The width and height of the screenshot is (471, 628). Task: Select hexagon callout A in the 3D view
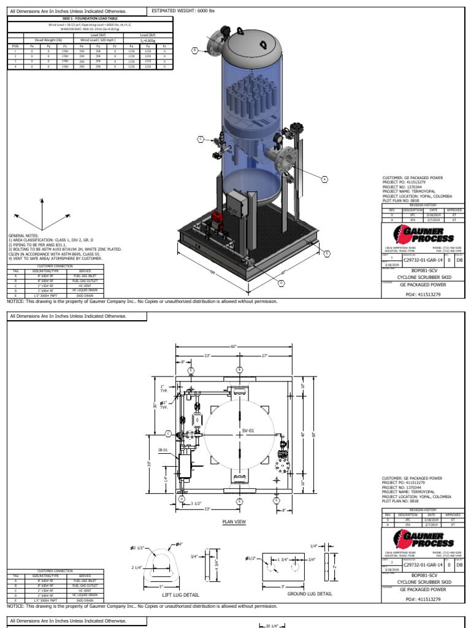[x=325, y=179]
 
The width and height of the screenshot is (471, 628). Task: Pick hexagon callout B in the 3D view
[x=195, y=50]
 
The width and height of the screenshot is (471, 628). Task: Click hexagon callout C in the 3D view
[x=200, y=140]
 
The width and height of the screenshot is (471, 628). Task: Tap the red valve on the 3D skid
[x=216, y=217]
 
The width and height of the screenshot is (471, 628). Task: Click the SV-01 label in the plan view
[x=247, y=431]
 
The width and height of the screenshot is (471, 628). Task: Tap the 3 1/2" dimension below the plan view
[x=196, y=504]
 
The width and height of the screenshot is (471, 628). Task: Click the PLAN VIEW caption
[x=234, y=522]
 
